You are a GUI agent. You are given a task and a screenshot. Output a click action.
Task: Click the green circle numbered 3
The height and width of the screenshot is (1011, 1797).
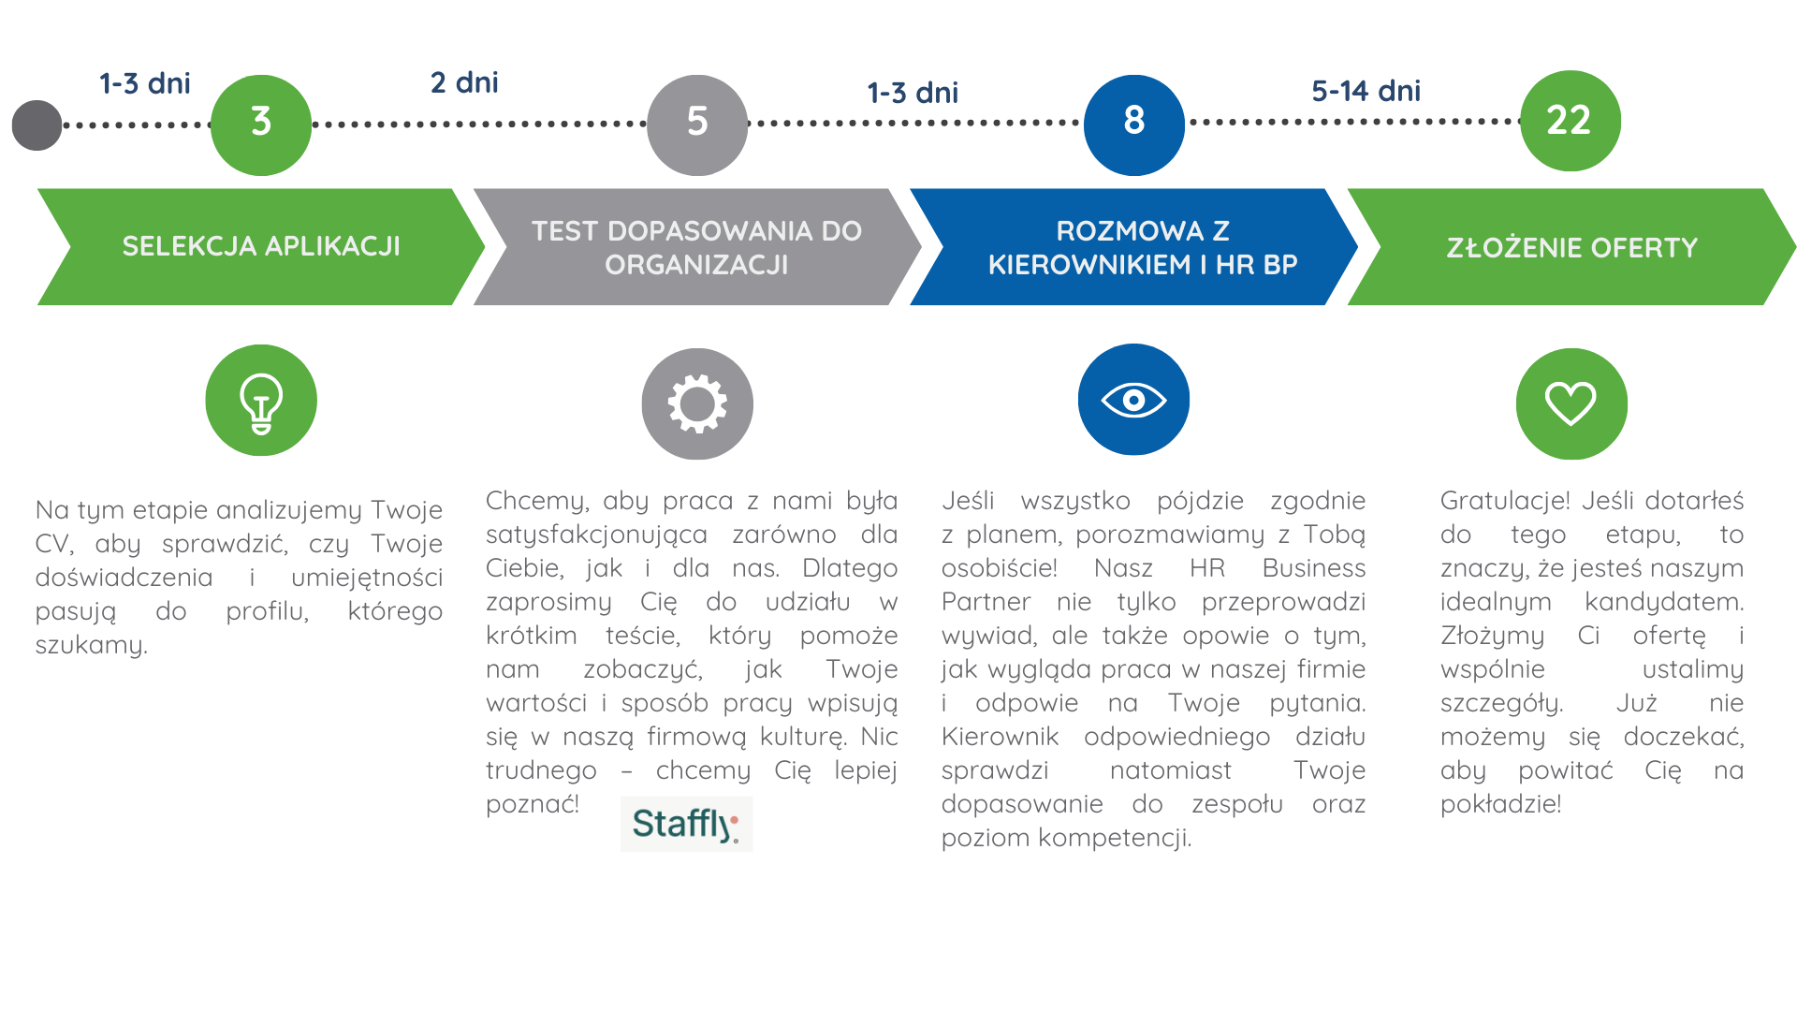[261, 125]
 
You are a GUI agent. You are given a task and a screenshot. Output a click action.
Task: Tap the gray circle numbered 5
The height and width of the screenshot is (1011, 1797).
[697, 125]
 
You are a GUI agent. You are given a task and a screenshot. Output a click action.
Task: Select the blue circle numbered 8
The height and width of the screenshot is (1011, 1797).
[1134, 125]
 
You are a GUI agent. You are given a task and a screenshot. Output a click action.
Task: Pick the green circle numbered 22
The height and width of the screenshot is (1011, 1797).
[1571, 121]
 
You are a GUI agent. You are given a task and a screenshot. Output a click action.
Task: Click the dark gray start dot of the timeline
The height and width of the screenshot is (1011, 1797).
[37, 125]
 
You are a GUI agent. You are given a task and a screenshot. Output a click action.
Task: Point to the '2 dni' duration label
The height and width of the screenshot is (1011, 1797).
[464, 82]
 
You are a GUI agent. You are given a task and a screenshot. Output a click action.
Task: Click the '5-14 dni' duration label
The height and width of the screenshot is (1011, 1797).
[1366, 91]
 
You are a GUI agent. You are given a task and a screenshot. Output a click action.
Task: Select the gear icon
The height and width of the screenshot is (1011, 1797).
[697, 403]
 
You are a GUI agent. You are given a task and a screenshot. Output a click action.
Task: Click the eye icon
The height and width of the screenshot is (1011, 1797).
[1133, 400]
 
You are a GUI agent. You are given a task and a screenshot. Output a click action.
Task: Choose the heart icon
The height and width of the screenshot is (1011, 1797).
[1571, 403]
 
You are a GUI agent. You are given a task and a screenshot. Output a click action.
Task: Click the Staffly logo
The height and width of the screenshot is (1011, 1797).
[686, 824]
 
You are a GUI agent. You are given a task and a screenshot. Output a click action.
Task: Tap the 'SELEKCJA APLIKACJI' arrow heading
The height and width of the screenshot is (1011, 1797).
[261, 246]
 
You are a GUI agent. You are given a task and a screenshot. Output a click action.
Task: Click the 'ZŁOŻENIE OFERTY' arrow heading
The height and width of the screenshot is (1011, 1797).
[1572, 247]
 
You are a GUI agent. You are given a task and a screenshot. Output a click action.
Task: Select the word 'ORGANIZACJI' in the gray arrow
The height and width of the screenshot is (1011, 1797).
[696, 265]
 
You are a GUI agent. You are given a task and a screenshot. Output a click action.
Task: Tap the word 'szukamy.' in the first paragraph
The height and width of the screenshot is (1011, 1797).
[92, 645]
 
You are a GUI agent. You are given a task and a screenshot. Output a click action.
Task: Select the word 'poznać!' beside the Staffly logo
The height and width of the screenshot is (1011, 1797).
[533, 804]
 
